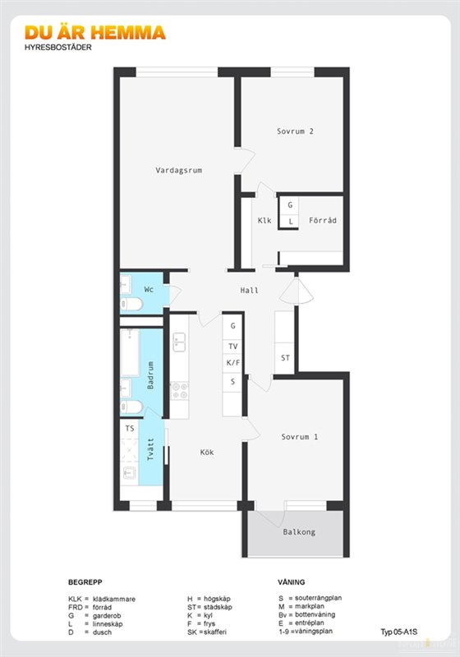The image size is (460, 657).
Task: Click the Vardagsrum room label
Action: click(179, 171)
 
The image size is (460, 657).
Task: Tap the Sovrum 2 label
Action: click(295, 131)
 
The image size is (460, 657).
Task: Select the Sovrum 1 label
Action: click(300, 437)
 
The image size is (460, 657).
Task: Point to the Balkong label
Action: click(299, 532)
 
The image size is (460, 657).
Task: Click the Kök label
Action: click(207, 453)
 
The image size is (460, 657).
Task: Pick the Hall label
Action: click(249, 290)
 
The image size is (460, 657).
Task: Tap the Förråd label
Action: click(323, 220)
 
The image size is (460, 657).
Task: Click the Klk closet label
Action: click(264, 220)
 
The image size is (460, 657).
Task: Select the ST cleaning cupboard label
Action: click(285, 358)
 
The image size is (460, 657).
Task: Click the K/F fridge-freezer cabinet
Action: click(233, 363)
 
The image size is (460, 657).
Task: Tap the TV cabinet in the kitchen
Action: click(233, 347)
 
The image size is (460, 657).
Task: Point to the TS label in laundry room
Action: click(130, 428)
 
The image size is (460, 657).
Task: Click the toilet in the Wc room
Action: click(131, 304)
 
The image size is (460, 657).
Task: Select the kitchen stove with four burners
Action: click(180, 391)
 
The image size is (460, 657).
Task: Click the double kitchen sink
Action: click(179, 342)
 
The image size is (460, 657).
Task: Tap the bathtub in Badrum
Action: click(130, 353)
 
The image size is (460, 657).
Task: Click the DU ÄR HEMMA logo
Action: click(95, 33)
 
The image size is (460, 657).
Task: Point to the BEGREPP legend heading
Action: click(85, 582)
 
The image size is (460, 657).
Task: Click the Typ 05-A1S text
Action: click(399, 632)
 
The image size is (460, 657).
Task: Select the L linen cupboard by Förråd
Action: click(290, 221)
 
